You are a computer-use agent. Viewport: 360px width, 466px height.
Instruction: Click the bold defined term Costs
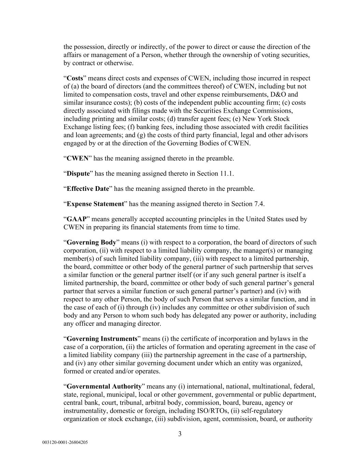point(75,78)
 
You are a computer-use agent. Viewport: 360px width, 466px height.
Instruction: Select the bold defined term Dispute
point(78,173)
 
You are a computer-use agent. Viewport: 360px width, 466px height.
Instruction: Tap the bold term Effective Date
point(88,189)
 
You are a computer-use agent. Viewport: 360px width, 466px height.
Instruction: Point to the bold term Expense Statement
point(95,204)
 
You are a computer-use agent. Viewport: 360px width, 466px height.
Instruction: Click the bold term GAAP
point(77,219)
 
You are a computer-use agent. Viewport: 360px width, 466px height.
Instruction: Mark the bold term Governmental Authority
point(104,386)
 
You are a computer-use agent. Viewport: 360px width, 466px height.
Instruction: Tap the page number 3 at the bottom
point(180,434)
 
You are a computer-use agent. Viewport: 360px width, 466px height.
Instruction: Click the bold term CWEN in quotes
point(77,158)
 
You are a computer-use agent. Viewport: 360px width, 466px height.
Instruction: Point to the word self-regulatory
point(261,411)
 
